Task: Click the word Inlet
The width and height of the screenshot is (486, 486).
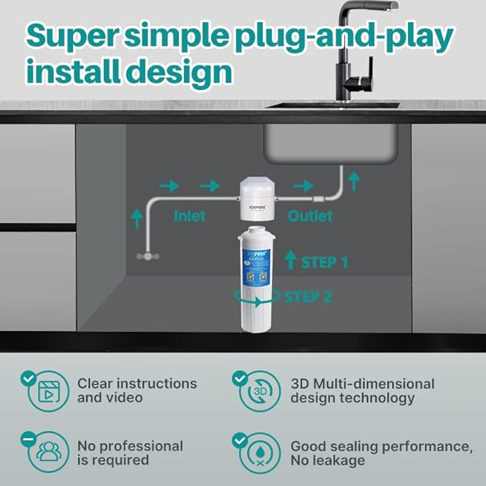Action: coord(189,215)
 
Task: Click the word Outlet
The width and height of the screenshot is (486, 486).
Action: coord(310,215)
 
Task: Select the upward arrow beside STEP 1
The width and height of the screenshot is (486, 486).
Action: coord(290,261)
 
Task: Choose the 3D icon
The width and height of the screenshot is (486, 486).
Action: coord(259,391)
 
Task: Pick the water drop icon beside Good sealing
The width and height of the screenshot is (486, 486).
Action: coord(259,453)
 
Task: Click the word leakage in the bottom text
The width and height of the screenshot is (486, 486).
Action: coord(341,460)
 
